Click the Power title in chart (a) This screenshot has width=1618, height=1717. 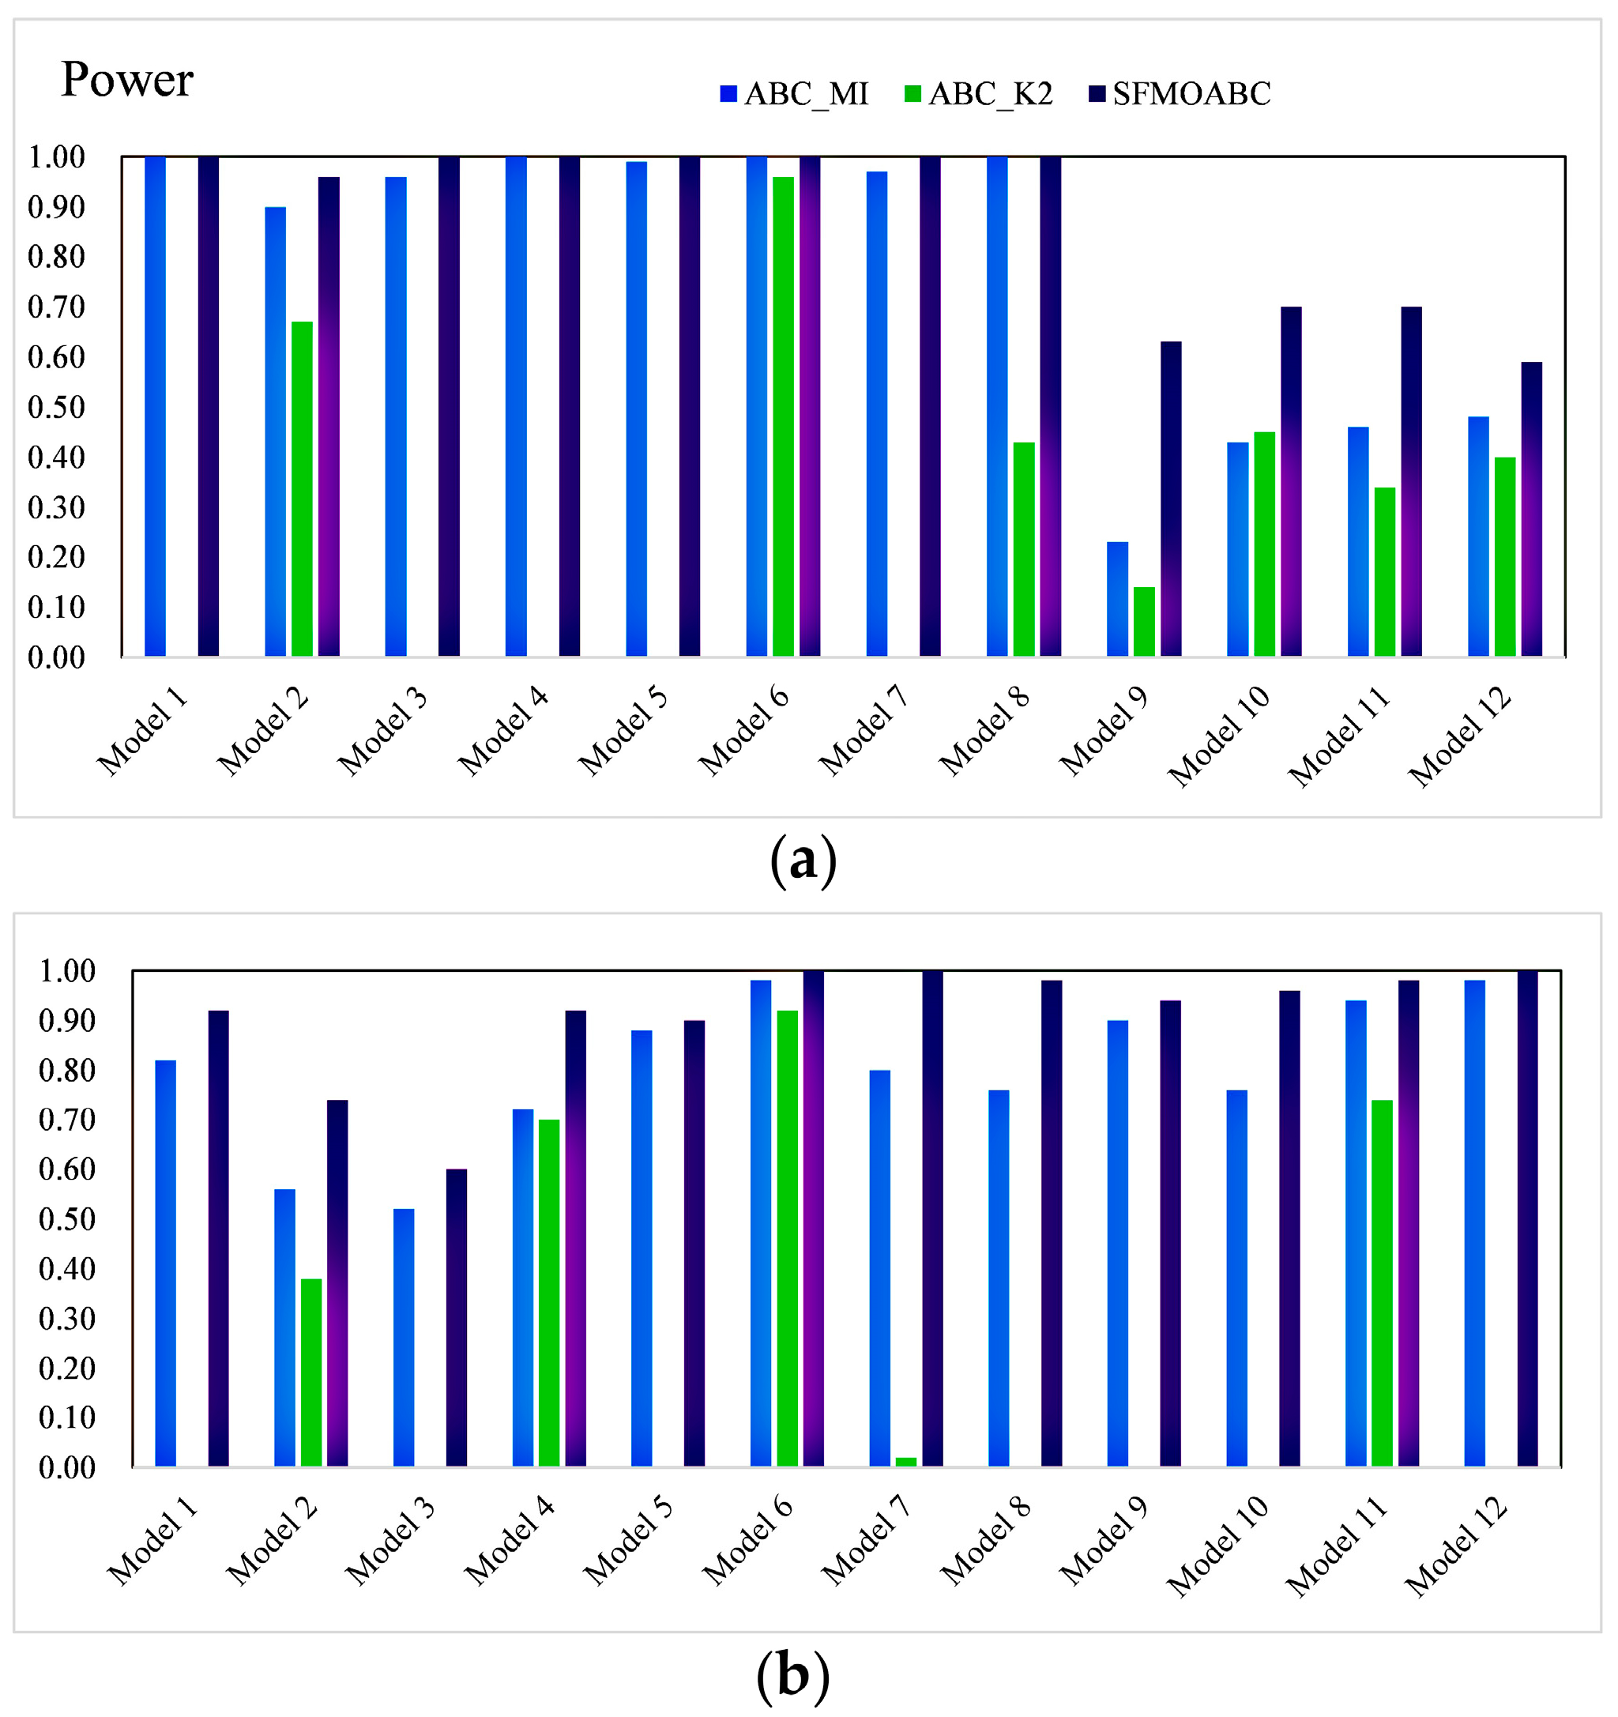tap(127, 80)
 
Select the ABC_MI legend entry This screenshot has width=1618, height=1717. tap(794, 93)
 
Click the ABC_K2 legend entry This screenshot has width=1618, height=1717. tap(979, 93)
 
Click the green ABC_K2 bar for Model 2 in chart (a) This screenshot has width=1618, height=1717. tap(302, 488)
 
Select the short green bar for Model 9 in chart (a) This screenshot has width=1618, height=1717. tap(1144, 621)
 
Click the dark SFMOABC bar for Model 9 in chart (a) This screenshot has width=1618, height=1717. tap(1171, 499)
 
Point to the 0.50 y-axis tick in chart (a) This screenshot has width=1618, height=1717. tap(56, 408)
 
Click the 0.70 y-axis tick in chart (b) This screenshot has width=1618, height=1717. tap(66, 1120)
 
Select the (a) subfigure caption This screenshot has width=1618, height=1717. tap(803, 860)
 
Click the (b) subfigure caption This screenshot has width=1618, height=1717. tap(792, 1676)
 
